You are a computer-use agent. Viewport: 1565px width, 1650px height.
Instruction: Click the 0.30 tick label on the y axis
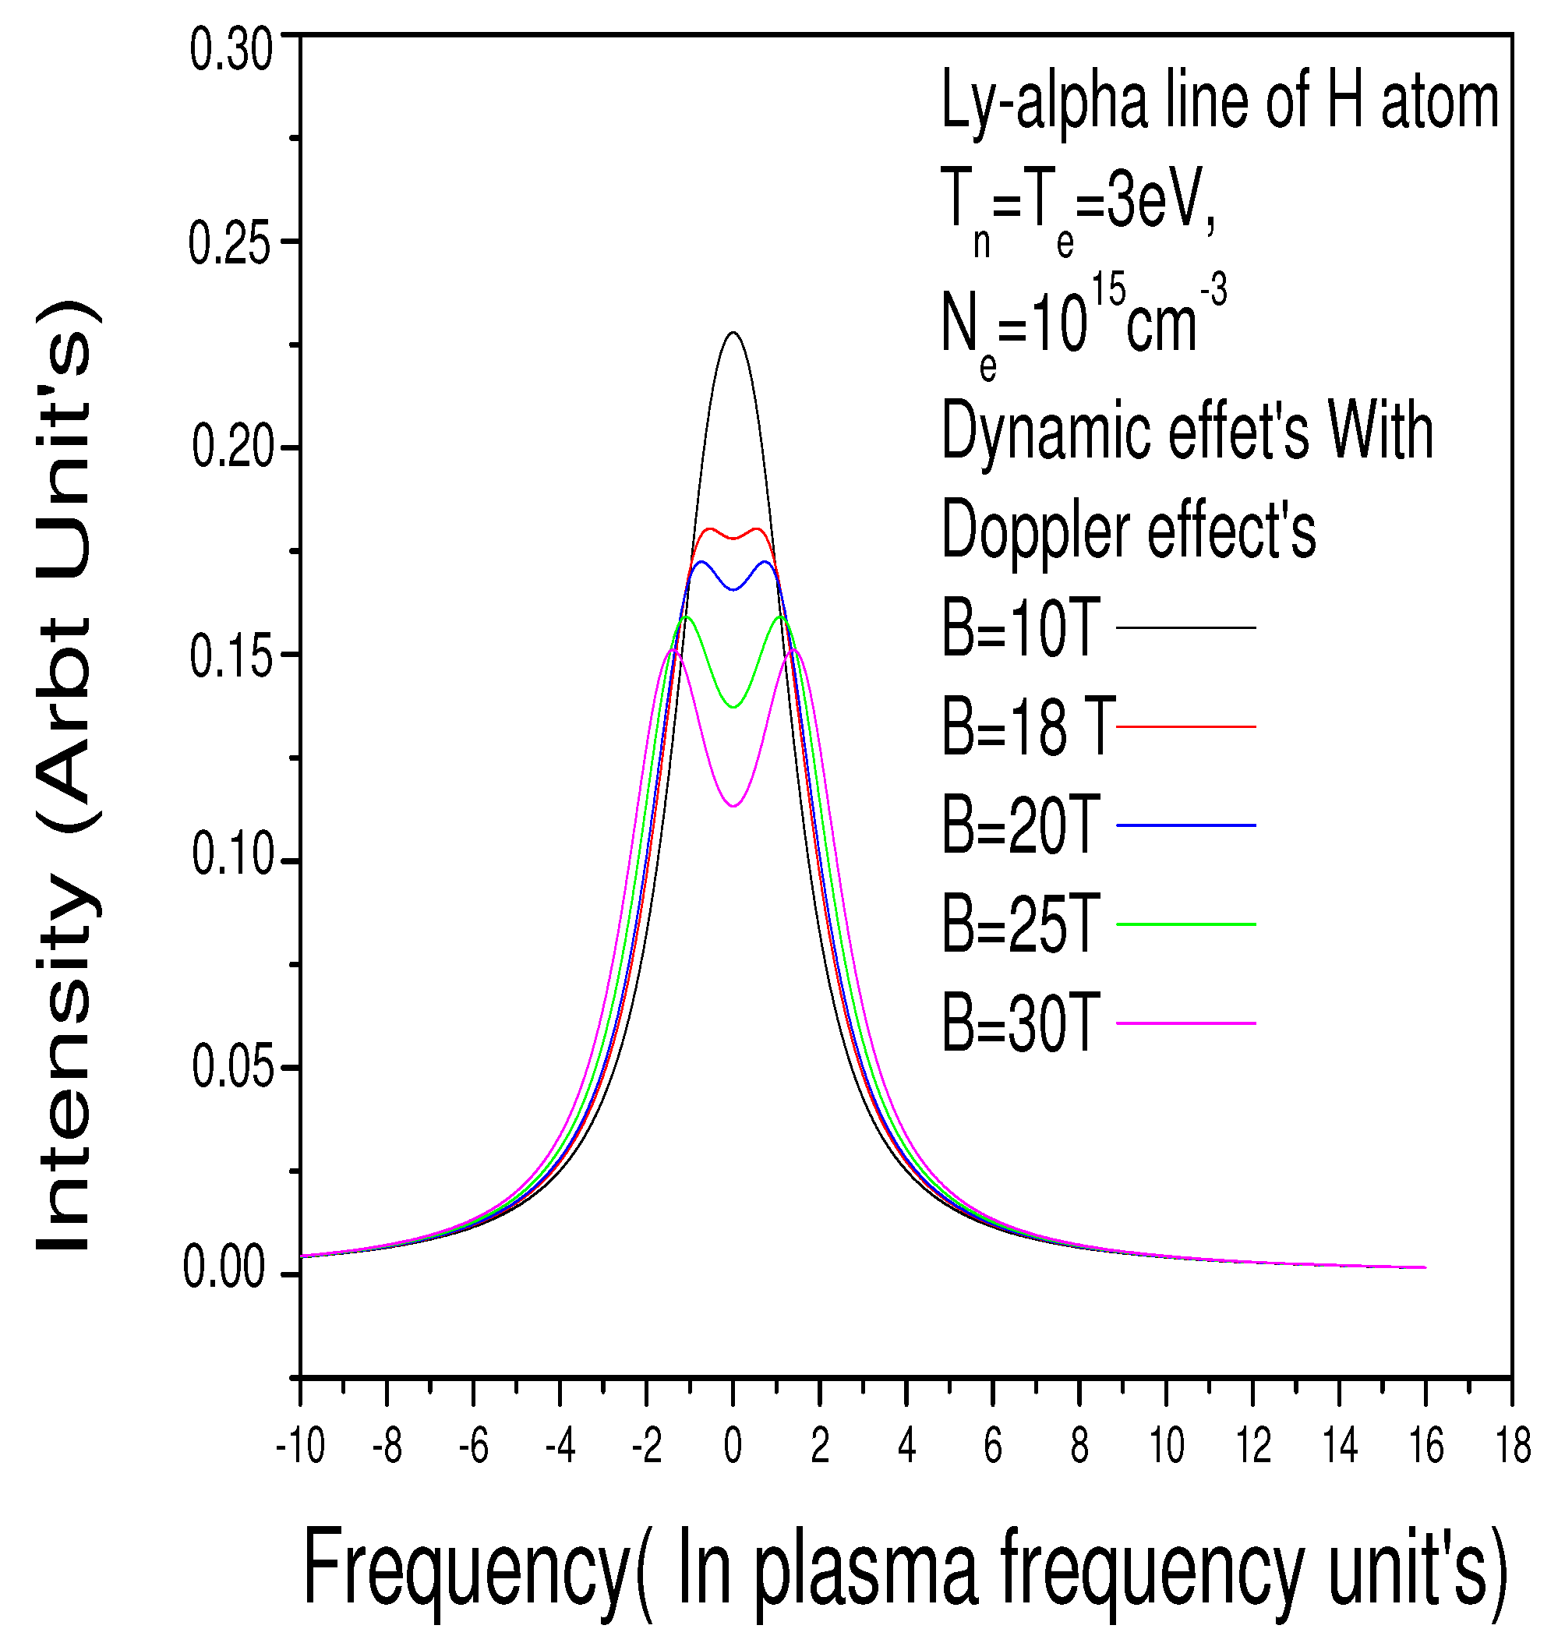pyautogui.click(x=231, y=51)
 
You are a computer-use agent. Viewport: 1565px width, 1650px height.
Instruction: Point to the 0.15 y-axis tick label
pyautogui.click(x=231, y=656)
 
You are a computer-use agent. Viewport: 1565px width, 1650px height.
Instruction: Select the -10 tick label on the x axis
pyautogui.click(x=299, y=1446)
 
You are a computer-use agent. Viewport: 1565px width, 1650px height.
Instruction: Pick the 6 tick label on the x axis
pyautogui.click(x=993, y=1446)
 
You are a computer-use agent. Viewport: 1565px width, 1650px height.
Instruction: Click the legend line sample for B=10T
pyautogui.click(x=1185, y=627)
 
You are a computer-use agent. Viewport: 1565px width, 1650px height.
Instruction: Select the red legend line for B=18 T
pyautogui.click(x=1185, y=726)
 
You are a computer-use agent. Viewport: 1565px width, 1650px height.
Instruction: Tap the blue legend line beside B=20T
pyautogui.click(x=1185, y=825)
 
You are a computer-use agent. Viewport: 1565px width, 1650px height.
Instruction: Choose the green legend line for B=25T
pyautogui.click(x=1185, y=924)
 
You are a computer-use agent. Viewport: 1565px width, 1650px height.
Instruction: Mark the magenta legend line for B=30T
pyautogui.click(x=1185, y=1023)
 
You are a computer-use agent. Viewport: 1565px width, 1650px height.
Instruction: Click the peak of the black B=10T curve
pyautogui.click(x=733, y=333)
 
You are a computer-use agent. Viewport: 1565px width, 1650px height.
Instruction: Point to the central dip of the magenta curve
pyautogui.click(x=733, y=806)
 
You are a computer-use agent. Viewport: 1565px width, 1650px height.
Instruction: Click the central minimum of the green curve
pyautogui.click(x=733, y=708)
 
